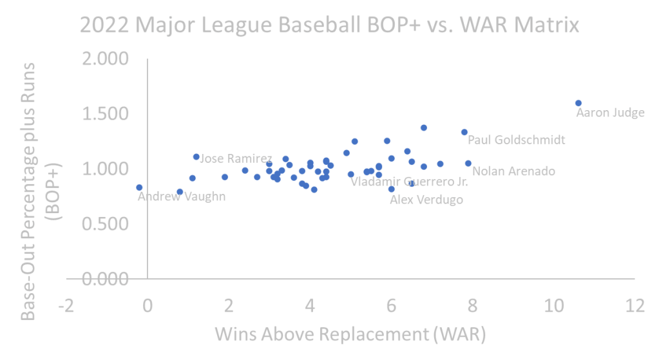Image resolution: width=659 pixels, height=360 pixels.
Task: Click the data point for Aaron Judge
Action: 578,102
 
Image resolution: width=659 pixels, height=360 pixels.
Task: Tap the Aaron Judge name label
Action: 609,113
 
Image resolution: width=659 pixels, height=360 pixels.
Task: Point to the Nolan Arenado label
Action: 513,171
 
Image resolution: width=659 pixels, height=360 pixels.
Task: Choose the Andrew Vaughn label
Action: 182,196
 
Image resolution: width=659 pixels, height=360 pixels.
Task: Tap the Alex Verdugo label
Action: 426,200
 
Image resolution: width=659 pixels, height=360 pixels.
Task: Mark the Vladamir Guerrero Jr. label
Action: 409,182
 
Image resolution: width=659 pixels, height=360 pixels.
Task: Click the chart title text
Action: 330,26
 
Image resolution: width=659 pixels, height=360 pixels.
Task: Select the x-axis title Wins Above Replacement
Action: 350,335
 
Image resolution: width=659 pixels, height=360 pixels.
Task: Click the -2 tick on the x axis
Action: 66,305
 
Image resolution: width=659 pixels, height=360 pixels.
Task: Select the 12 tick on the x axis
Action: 635,305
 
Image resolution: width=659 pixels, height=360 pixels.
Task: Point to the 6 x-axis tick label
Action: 391,305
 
